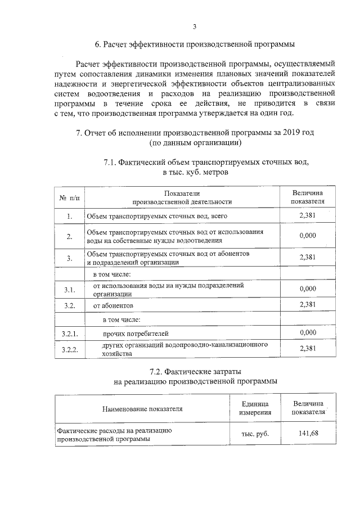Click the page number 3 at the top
[195, 25]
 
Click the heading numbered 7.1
[206, 163]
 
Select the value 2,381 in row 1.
[308, 216]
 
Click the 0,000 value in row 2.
[308, 236]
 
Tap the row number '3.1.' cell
[70, 290]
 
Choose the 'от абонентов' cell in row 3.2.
[113, 305]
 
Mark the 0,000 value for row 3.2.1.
[308, 333]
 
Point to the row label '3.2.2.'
[70, 350]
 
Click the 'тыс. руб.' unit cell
[255, 434]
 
